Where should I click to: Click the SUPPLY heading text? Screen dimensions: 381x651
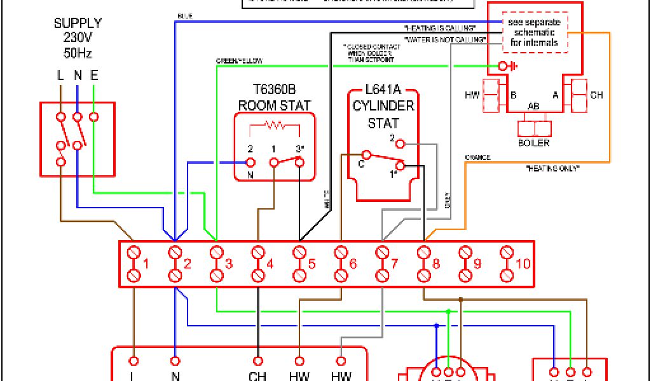78,23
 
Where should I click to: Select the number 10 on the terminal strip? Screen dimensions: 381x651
523,263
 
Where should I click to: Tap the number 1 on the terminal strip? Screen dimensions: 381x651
146,263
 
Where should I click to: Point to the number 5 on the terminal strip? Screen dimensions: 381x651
312,263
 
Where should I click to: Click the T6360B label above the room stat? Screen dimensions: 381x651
275,89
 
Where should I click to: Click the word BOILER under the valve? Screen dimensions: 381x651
534,143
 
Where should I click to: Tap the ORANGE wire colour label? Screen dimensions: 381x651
478,157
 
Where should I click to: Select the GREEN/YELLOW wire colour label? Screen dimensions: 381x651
240,61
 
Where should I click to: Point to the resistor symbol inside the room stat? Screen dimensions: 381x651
275,125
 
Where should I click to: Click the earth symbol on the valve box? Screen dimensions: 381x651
506,65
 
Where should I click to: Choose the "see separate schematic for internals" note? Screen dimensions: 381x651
535,32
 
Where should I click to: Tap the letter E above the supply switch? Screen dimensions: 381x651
93,76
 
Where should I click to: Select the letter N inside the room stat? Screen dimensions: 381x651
250,175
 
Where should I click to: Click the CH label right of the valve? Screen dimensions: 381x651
596,95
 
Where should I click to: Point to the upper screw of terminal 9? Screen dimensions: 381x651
465,252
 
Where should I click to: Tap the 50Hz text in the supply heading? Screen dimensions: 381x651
78,53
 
